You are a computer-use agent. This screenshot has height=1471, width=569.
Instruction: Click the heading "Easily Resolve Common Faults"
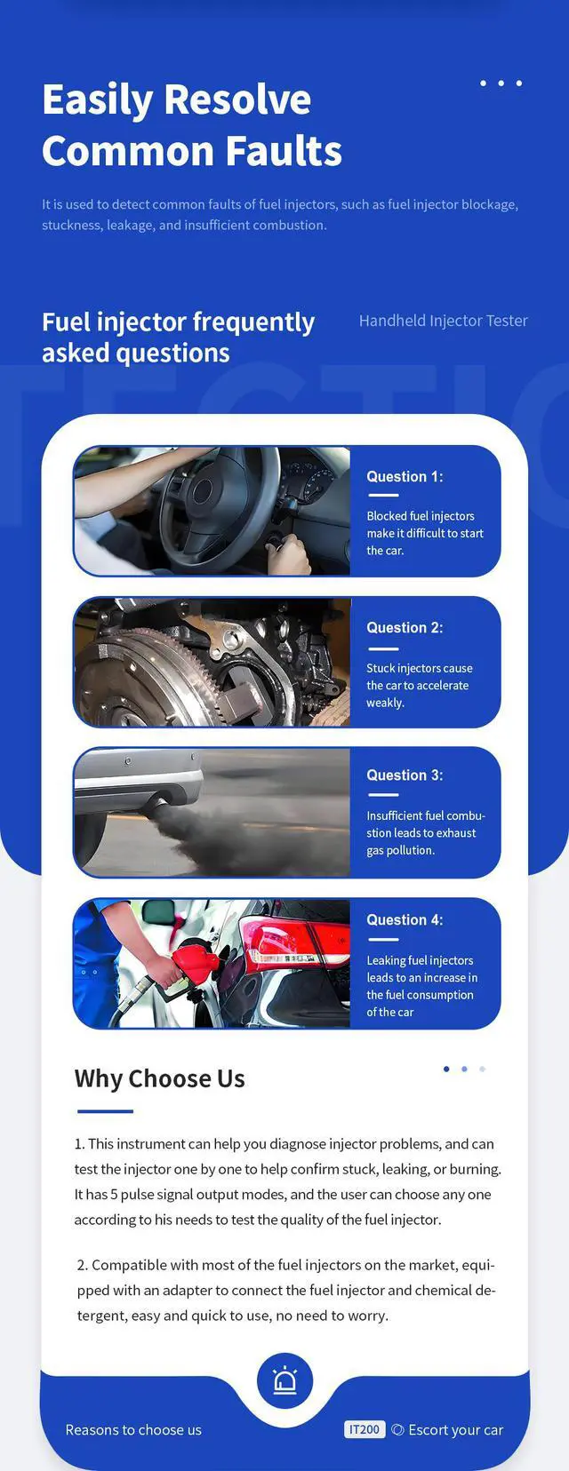[192, 124]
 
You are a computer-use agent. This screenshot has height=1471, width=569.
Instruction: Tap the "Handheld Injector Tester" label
[444, 321]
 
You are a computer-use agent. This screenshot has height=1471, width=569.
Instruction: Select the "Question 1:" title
[405, 477]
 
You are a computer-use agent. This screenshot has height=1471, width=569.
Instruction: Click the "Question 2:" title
[405, 628]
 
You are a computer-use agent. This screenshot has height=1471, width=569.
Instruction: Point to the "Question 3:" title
[405, 775]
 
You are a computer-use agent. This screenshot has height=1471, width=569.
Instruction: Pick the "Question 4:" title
[405, 920]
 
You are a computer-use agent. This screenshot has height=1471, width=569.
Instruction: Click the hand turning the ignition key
[288, 555]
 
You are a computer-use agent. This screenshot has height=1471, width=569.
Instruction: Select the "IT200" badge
[364, 1429]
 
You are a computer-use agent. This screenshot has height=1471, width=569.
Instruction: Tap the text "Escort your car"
[455, 1429]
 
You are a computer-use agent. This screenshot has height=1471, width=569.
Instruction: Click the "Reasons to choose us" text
[133, 1429]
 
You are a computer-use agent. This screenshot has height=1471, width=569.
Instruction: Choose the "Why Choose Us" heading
[160, 1078]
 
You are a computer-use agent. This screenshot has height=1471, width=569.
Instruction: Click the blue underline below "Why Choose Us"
[105, 1111]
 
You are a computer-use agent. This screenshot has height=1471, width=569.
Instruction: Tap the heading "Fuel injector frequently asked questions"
[178, 338]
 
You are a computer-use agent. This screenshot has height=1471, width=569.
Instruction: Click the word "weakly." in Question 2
[385, 703]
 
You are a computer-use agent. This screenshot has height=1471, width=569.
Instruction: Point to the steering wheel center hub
[203, 490]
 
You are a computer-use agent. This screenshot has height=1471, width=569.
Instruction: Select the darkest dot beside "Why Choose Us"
[447, 1069]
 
